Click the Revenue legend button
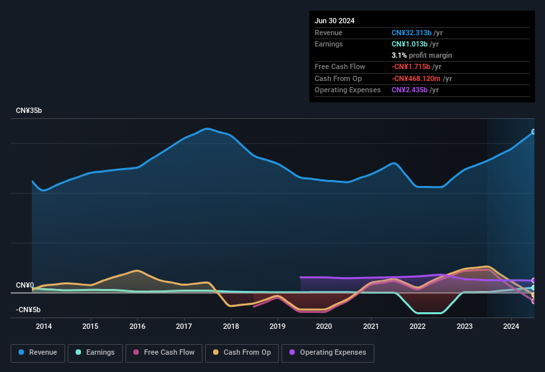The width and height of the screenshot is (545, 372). (38, 353)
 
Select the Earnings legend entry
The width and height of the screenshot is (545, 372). (95, 353)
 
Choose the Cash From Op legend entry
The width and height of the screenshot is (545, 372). (242, 353)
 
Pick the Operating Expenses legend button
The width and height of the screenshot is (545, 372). (328, 353)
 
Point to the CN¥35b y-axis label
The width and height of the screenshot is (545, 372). (29, 111)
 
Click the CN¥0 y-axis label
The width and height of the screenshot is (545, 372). (25, 286)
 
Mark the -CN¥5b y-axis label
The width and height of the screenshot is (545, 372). (29, 310)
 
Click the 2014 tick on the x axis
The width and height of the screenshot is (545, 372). (44, 326)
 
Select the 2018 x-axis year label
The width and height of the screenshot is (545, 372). (231, 326)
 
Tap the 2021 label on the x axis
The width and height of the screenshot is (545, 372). (371, 326)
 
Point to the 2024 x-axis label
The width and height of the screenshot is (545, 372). (511, 326)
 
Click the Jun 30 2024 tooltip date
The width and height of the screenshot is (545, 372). (335, 21)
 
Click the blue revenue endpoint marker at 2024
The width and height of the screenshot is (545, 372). (534, 132)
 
